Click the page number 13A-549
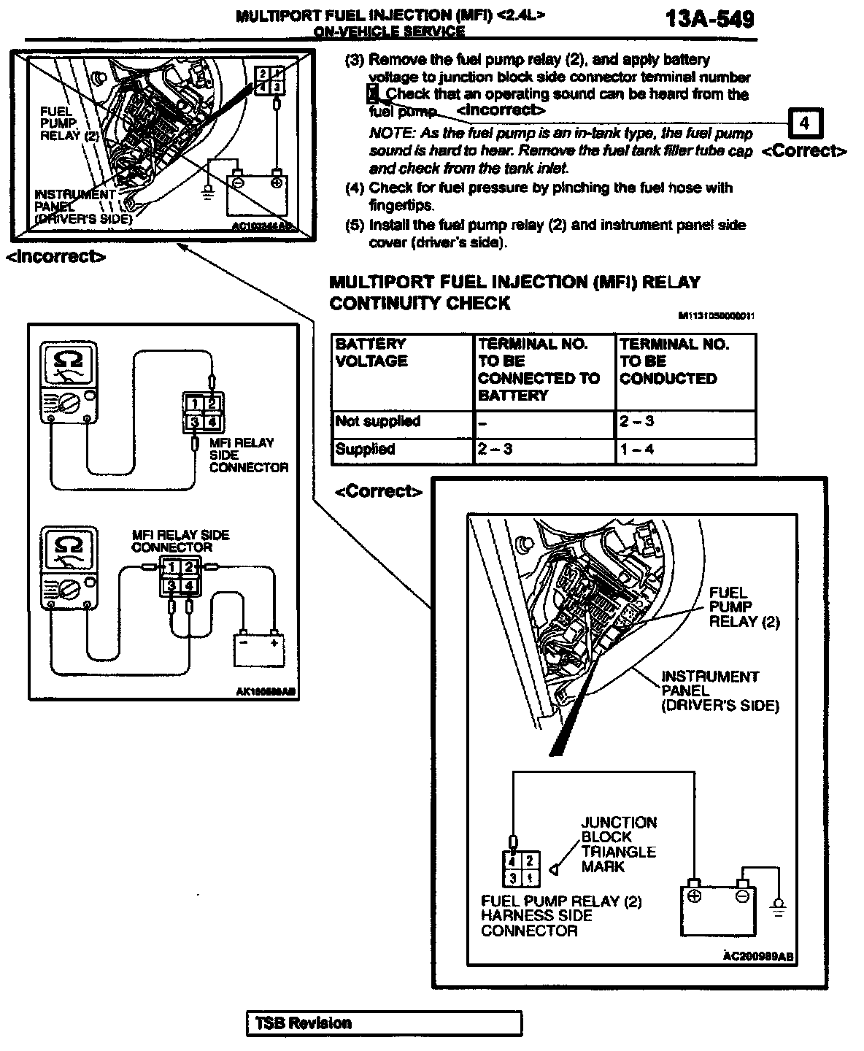click(x=709, y=19)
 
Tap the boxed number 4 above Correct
click(x=804, y=124)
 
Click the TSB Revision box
click(x=385, y=1023)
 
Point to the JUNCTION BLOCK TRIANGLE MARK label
click(x=618, y=844)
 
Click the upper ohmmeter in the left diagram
click(x=69, y=383)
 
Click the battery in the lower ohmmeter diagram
click(x=258, y=648)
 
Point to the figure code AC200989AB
click(x=759, y=956)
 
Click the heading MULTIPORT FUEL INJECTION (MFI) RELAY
click(x=514, y=282)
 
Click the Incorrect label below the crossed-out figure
click(x=55, y=256)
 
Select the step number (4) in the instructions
click(x=355, y=188)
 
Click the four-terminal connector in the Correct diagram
click(x=521, y=869)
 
